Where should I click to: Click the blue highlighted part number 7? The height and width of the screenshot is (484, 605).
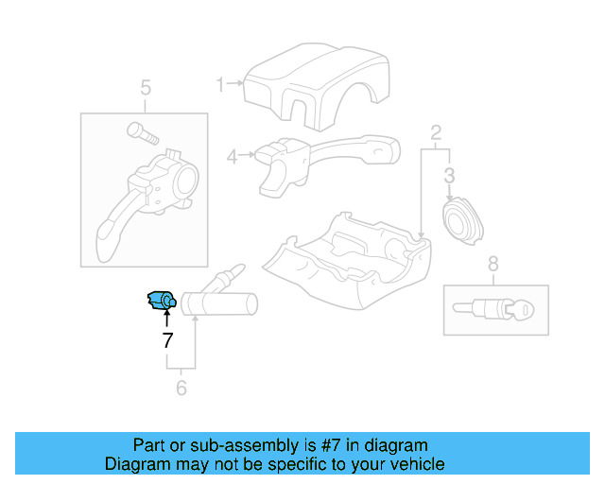coord(161,302)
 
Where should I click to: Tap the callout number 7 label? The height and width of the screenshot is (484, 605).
coord(167,339)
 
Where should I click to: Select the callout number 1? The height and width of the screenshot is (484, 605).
coord(221,85)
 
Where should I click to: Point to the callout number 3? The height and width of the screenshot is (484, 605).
coord(450,175)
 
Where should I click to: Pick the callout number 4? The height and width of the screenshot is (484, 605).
coord(232,156)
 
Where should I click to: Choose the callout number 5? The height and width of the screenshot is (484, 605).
coord(146,89)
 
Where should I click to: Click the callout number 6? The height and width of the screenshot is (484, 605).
coord(181,388)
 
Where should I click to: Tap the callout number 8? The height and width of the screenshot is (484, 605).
coord(493,264)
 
